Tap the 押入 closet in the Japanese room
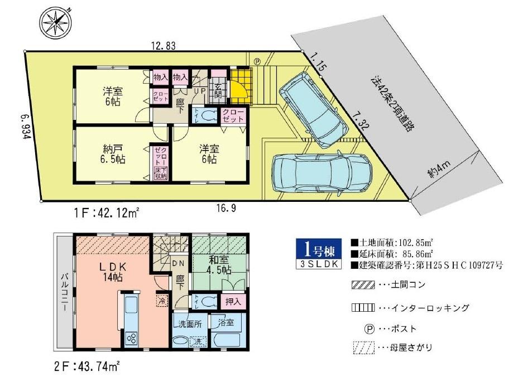tap(233, 303)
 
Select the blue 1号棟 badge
tap(318, 248)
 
